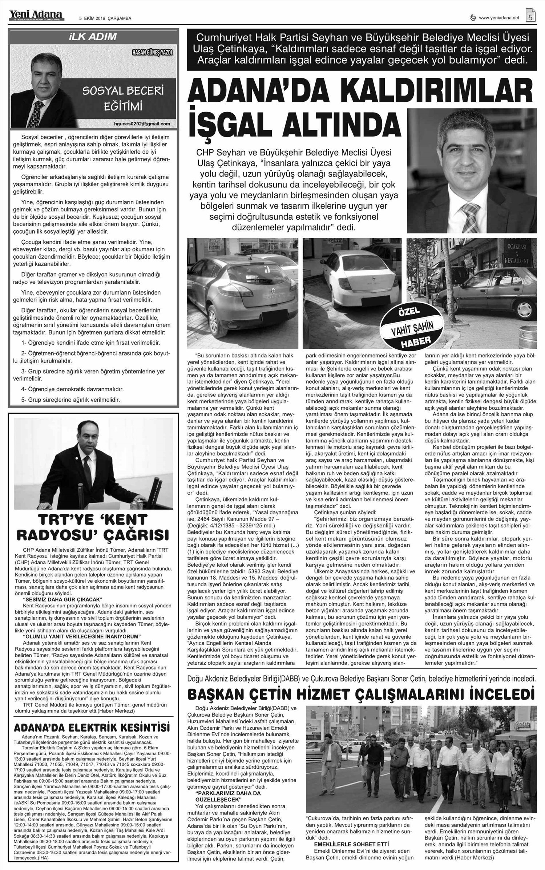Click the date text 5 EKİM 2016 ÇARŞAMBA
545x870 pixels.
click(105, 19)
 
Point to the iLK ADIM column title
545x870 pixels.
click(94, 37)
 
